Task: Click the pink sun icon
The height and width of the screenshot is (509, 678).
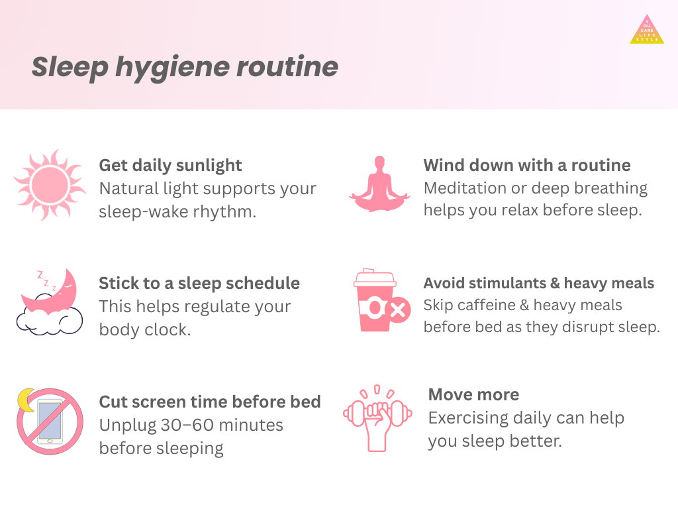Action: click(x=50, y=186)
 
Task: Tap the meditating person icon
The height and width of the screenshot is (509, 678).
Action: click(x=379, y=184)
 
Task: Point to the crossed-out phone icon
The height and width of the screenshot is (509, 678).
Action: click(x=50, y=421)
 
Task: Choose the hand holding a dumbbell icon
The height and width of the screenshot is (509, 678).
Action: click(x=377, y=418)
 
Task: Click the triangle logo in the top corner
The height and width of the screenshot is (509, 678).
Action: click(x=647, y=29)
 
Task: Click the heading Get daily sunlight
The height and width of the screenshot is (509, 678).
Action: click(x=170, y=166)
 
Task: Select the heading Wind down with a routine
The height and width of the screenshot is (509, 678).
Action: click(x=527, y=165)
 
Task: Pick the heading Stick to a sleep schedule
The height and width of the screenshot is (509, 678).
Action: click(x=199, y=283)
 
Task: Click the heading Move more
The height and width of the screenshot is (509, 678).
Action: click(x=473, y=394)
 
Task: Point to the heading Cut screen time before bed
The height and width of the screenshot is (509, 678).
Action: click(x=210, y=402)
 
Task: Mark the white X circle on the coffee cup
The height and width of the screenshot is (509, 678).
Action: click(x=398, y=310)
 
